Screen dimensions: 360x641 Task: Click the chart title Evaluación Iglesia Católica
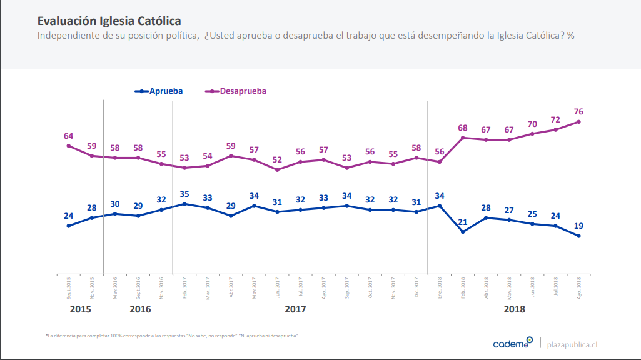click(109, 21)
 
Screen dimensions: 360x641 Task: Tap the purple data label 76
click(578, 111)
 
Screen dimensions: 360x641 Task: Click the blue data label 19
click(578, 226)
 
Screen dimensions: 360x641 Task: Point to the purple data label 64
click(69, 136)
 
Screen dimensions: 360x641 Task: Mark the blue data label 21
click(463, 222)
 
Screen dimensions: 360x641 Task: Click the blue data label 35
click(184, 194)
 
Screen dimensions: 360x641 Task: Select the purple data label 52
click(277, 159)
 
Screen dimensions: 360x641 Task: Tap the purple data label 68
click(463, 127)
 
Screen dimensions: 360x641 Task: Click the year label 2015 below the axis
click(80, 309)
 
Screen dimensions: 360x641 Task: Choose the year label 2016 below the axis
click(140, 309)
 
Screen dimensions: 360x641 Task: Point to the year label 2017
click(295, 309)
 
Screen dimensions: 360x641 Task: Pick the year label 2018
click(514, 309)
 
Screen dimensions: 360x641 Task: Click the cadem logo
click(512, 343)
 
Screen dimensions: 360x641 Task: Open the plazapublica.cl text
click(572, 344)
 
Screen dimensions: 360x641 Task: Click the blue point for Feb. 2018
click(463, 232)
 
